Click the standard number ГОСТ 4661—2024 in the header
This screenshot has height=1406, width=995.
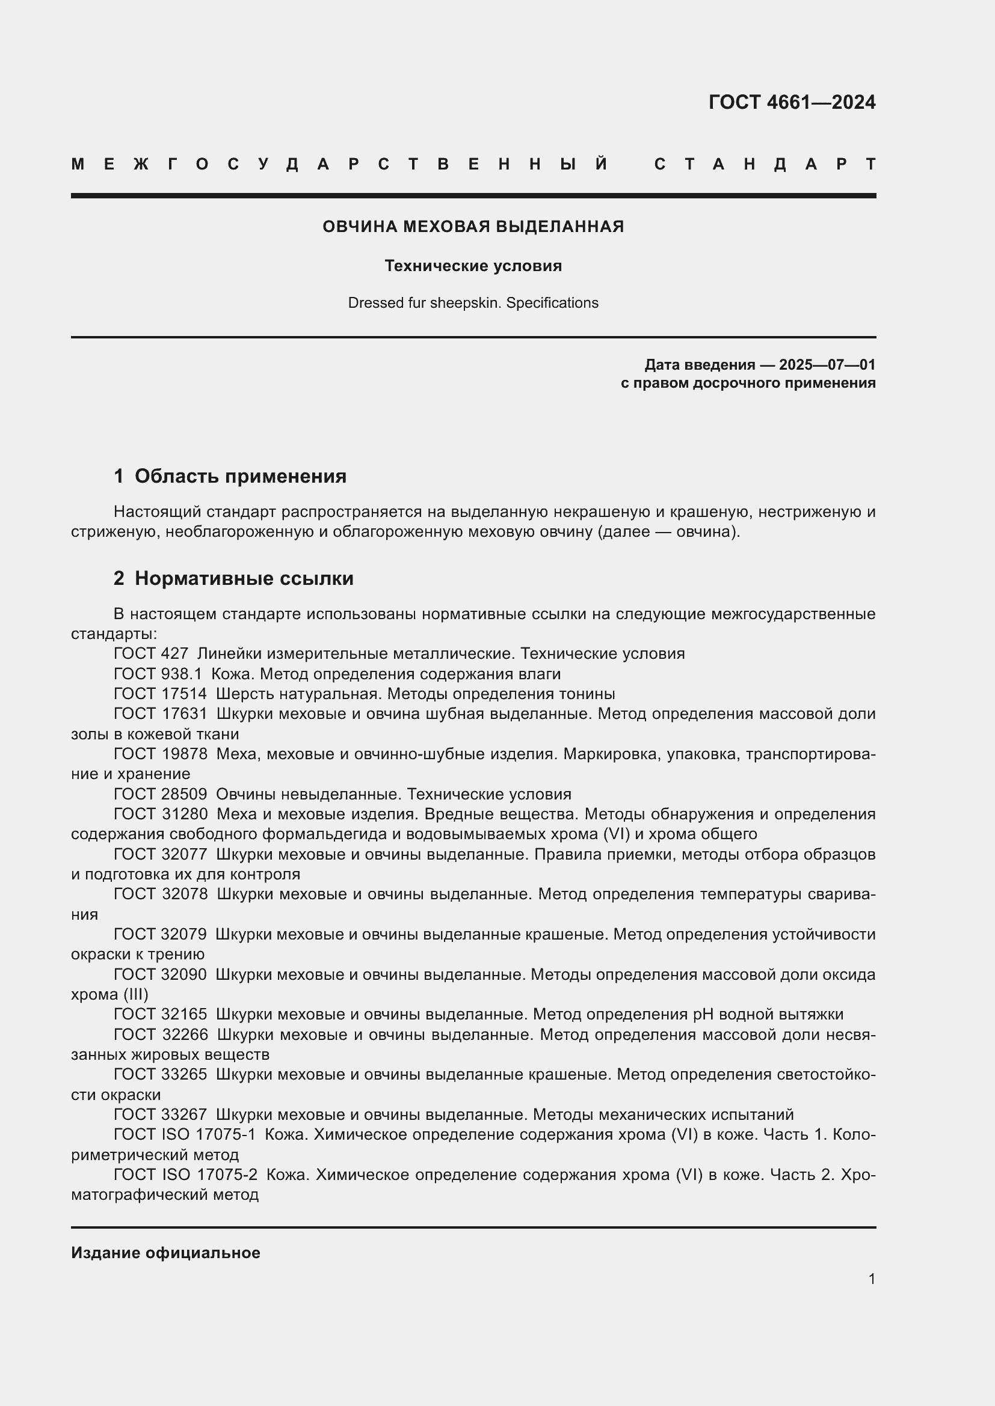tap(792, 102)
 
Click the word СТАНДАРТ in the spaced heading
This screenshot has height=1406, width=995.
tap(765, 164)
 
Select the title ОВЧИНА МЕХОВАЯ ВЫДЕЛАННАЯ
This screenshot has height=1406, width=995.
tap(473, 227)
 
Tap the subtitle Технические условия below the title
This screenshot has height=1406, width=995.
tap(473, 266)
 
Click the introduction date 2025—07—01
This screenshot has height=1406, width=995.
tap(827, 365)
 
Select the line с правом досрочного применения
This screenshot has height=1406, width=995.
tap(748, 384)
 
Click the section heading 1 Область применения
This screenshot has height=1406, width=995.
tap(230, 476)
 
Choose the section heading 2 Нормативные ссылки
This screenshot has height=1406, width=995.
tap(233, 578)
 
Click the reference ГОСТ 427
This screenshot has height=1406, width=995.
tap(151, 654)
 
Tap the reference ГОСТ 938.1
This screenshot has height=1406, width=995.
tap(158, 674)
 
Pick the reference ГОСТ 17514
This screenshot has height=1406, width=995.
tap(160, 694)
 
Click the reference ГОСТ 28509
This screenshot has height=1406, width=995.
tap(160, 794)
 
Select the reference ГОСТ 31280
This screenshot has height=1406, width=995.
tap(161, 815)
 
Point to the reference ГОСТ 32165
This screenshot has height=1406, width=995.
tap(160, 1015)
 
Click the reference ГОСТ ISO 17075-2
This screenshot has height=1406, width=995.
tap(185, 1175)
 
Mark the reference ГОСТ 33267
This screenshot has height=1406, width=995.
tap(160, 1114)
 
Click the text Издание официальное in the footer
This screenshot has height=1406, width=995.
tap(165, 1253)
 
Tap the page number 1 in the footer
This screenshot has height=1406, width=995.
tap(871, 1279)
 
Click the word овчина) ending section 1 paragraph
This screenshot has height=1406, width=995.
tap(707, 531)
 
